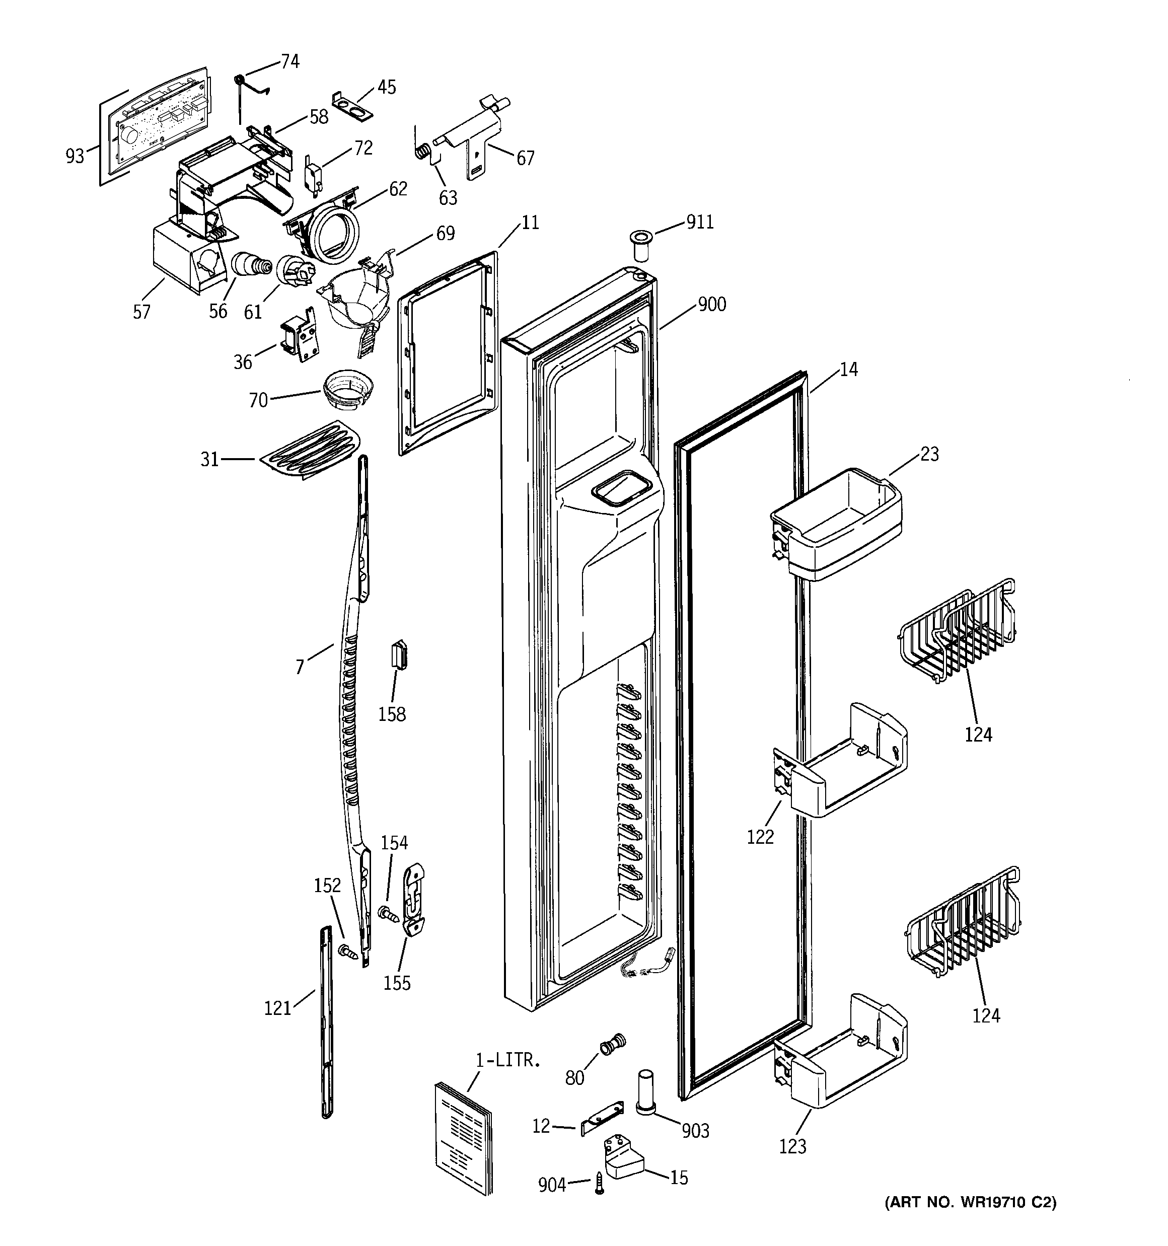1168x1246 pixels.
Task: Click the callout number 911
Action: [x=700, y=223]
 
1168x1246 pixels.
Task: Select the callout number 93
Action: [x=75, y=156]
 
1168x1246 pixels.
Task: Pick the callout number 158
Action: [x=392, y=714]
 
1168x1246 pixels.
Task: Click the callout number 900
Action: [x=711, y=305]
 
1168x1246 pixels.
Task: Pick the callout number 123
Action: [x=792, y=1146]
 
